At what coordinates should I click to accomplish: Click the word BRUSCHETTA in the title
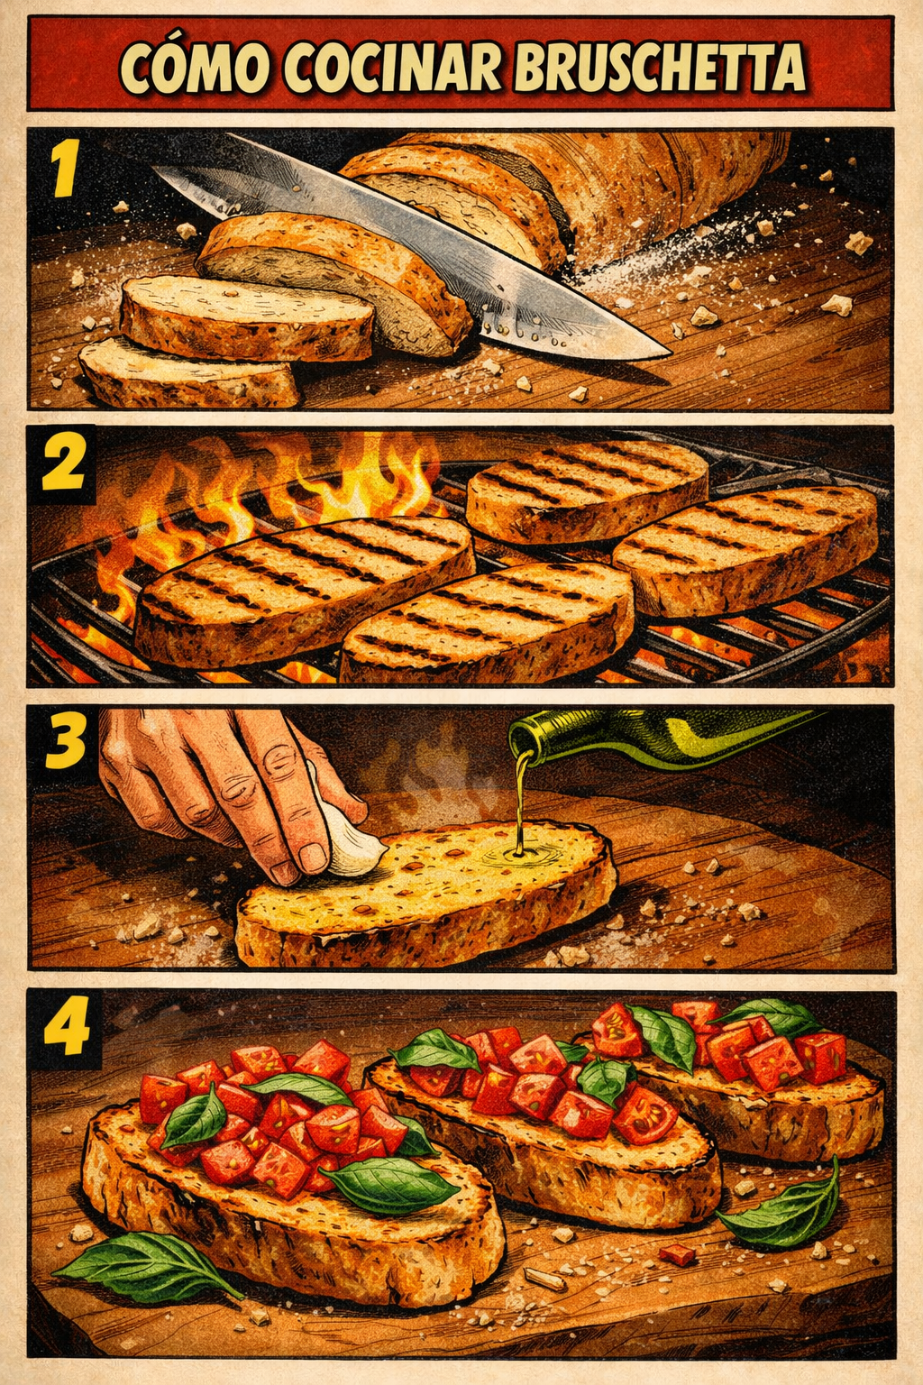[x=660, y=66]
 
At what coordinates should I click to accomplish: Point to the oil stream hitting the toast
[x=520, y=848]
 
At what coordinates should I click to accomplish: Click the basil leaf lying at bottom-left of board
[x=144, y=1267]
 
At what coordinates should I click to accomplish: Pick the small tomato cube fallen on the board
[x=676, y=1253]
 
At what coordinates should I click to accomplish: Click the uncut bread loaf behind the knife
[x=631, y=189]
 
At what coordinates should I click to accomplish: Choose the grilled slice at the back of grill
[x=586, y=487]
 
